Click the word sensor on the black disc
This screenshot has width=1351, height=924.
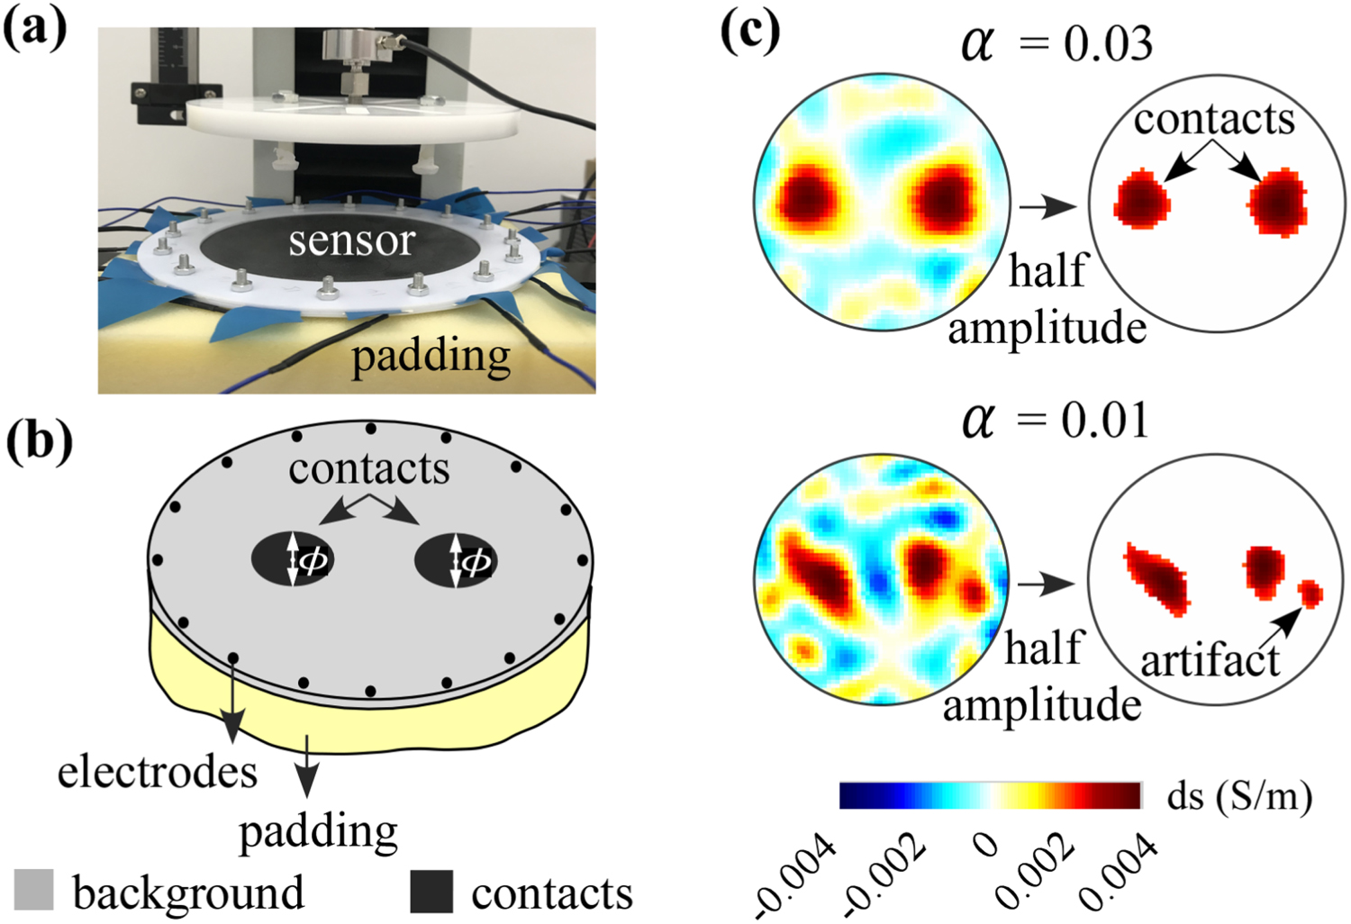351,240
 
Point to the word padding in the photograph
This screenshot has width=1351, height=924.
431,358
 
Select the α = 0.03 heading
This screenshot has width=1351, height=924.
1056,43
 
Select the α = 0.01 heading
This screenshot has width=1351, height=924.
1056,420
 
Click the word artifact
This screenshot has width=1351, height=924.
1209,661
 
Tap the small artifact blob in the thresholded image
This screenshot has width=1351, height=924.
1310,593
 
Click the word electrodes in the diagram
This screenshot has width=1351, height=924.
158,772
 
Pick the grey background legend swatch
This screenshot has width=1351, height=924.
34,890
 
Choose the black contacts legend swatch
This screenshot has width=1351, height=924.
431,891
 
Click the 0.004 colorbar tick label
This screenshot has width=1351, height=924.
1117,872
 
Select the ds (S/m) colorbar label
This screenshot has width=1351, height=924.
1239,796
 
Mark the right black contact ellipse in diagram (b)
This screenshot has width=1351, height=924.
456,560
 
